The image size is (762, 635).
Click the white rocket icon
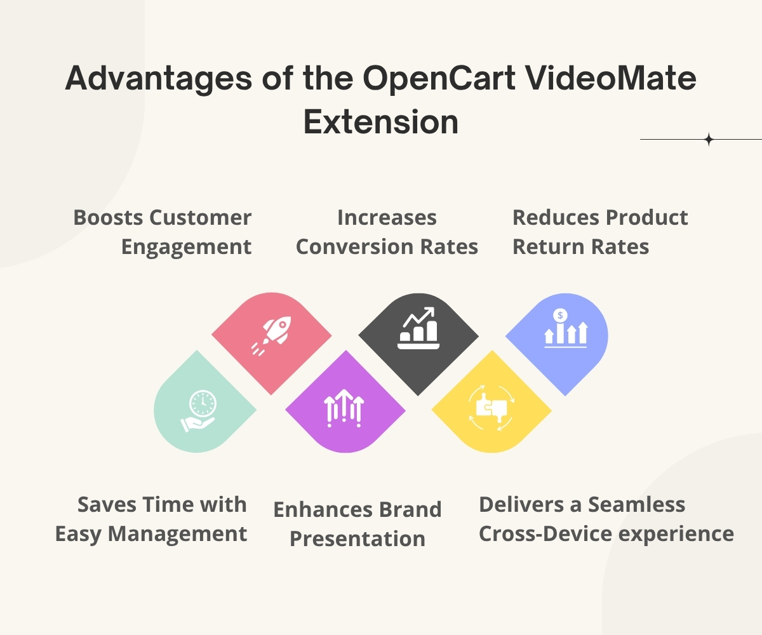pyautogui.click(x=271, y=336)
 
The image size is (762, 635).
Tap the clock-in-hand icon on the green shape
pyautogui.click(x=198, y=411)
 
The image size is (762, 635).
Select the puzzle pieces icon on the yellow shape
pyautogui.click(x=491, y=408)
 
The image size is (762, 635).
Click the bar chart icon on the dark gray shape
pyautogui.click(x=418, y=328)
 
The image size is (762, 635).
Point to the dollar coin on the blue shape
pyautogui.click(x=560, y=315)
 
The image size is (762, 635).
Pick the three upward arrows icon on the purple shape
pyautogui.click(x=344, y=408)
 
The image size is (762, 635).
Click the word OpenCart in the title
pyautogui.click(x=439, y=78)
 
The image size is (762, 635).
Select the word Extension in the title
pyautogui.click(x=381, y=122)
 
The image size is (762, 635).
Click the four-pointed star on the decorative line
pyautogui.click(x=709, y=140)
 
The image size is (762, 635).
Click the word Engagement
pyautogui.click(x=186, y=248)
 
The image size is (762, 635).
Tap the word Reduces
pyautogui.click(x=556, y=218)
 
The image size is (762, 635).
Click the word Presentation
pyautogui.click(x=358, y=538)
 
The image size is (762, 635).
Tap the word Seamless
pyautogui.click(x=636, y=505)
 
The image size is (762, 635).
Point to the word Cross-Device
pyautogui.click(x=545, y=534)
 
